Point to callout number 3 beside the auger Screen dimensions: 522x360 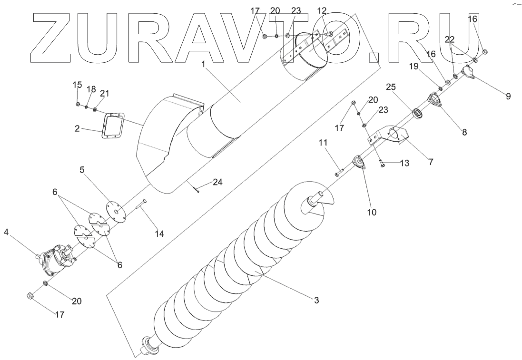point(316,300)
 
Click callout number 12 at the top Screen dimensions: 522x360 point(322,10)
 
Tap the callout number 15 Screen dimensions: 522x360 point(77,85)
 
